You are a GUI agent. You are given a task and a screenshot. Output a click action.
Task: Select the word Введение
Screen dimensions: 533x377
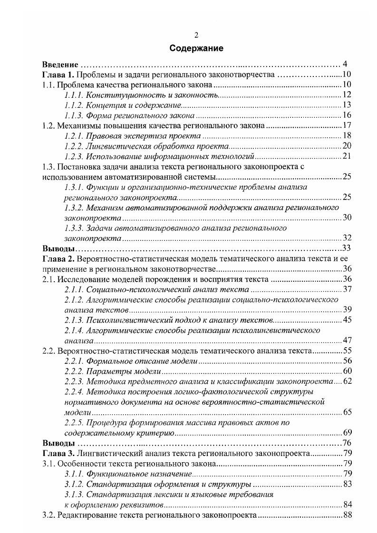click(x=60, y=65)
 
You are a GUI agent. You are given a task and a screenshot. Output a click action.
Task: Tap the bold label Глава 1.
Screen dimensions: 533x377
click(x=58, y=75)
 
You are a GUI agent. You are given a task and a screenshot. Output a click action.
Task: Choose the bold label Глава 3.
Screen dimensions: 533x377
click(x=58, y=453)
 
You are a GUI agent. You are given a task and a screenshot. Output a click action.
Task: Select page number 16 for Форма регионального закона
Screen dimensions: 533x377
click(x=346, y=116)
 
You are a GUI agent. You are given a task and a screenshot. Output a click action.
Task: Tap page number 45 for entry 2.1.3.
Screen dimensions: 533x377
click(x=346, y=320)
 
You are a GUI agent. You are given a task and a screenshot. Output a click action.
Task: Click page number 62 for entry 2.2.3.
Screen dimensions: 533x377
click(x=346, y=381)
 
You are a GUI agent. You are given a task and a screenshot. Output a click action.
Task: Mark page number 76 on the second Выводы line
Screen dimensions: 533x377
click(x=346, y=443)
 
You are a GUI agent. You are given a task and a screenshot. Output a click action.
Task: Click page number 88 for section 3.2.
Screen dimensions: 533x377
click(x=346, y=515)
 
